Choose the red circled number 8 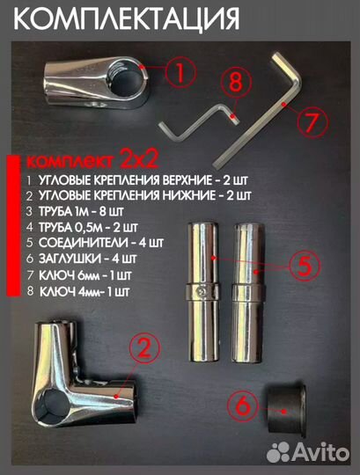pyautogui.click(x=233, y=85)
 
